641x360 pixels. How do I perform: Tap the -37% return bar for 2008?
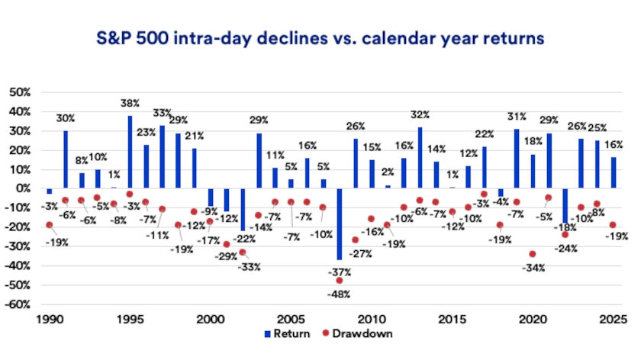pos(339,223)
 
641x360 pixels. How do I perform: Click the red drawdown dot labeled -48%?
pos(339,281)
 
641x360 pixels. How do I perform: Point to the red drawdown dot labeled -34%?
pos(533,254)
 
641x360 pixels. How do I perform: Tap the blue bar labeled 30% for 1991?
pos(66,159)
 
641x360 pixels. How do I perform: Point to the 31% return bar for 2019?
pos(517,159)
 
